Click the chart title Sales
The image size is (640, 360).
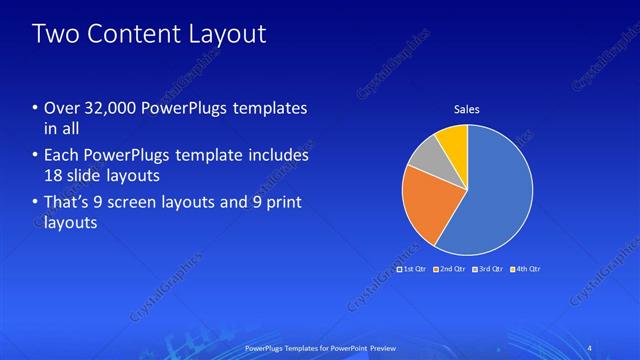[x=467, y=109]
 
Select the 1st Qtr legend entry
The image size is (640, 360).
[x=412, y=269]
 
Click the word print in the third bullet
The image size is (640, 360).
[x=281, y=203]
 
